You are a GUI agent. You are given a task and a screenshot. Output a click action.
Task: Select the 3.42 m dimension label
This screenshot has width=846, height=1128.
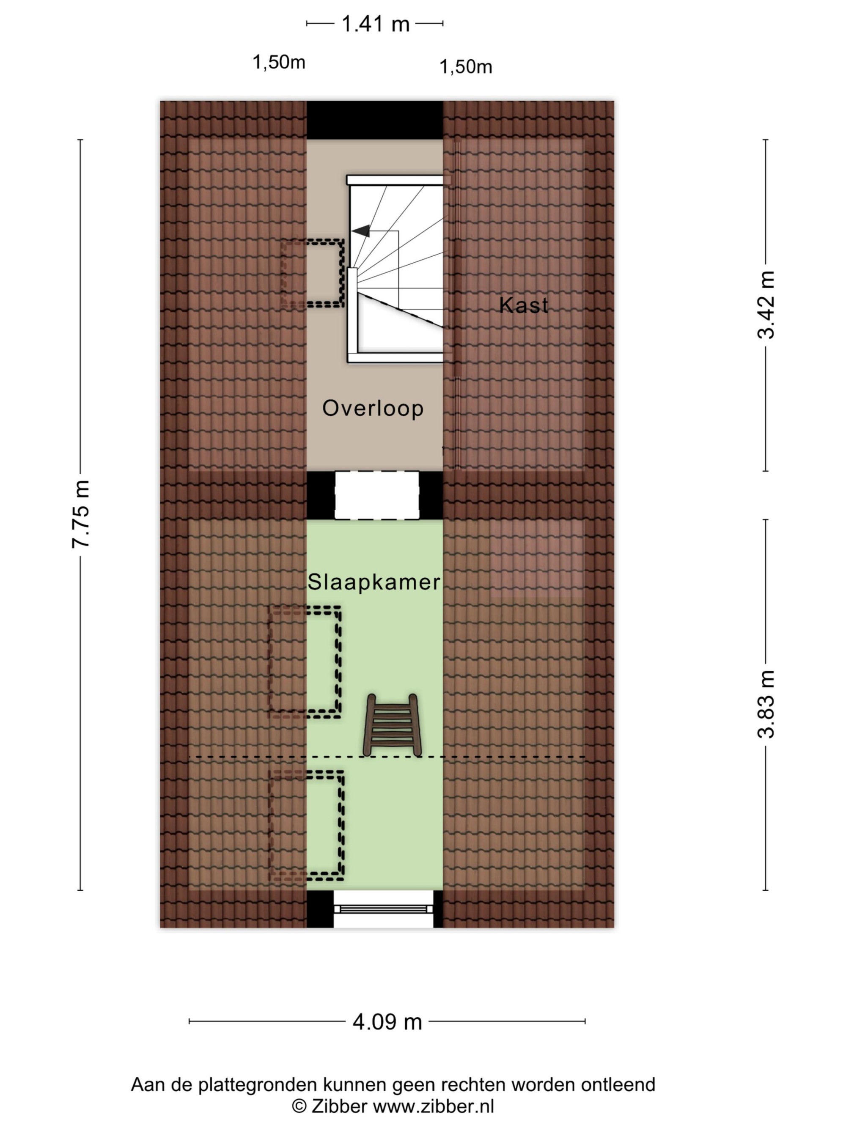pos(766,305)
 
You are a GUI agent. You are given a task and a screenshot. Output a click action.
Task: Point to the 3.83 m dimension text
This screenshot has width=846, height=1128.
pos(766,704)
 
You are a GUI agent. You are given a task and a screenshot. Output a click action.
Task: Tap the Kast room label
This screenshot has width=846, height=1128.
pos(524,305)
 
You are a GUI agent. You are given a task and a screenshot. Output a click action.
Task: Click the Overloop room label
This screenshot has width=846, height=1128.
pos(373,408)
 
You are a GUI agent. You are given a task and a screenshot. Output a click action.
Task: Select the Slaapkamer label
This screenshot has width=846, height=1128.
pos(374,582)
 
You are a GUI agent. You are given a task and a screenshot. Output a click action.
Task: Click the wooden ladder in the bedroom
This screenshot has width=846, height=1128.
pos(392,725)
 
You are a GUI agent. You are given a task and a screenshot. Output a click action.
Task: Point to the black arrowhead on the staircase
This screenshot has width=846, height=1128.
pos(361,231)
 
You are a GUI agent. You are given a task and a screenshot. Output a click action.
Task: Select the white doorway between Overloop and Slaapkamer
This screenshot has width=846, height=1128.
pos(377,495)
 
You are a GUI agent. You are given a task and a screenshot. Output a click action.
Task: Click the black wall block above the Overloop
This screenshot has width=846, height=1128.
pos(375,120)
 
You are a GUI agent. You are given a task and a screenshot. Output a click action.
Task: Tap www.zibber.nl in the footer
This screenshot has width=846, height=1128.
pos(434,1106)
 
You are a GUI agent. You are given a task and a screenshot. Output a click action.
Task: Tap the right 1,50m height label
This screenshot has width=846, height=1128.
pos(466,67)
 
